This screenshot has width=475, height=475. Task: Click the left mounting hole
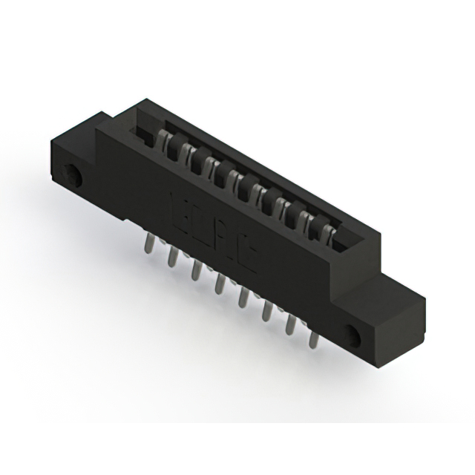74,175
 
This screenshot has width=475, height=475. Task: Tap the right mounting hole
355,335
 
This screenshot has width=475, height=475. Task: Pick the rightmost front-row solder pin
313,338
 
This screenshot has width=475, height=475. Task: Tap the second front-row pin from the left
173,257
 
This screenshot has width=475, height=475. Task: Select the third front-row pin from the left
197,270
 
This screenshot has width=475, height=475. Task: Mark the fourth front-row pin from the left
220,284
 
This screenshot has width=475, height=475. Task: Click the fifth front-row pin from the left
243,298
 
